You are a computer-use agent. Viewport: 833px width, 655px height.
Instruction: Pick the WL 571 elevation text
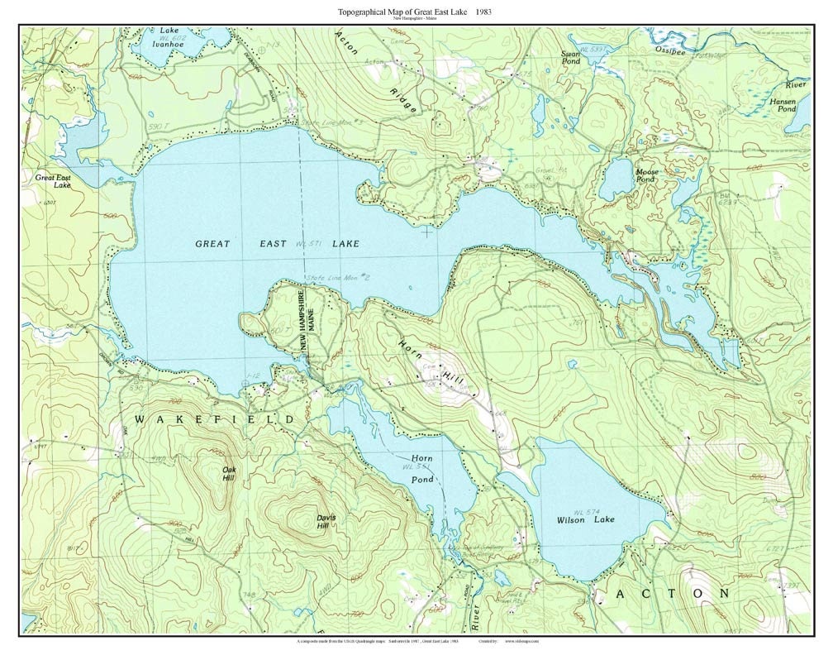click(x=307, y=244)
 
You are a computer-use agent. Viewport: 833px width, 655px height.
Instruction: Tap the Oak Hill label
click(x=229, y=474)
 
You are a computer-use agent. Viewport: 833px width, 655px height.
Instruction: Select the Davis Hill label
click(x=326, y=522)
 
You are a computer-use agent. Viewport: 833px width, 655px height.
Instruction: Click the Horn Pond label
click(x=422, y=468)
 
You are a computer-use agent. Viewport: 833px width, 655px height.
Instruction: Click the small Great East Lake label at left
click(x=53, y=181)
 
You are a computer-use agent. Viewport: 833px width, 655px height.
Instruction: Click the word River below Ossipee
click(x=797, y=84)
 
